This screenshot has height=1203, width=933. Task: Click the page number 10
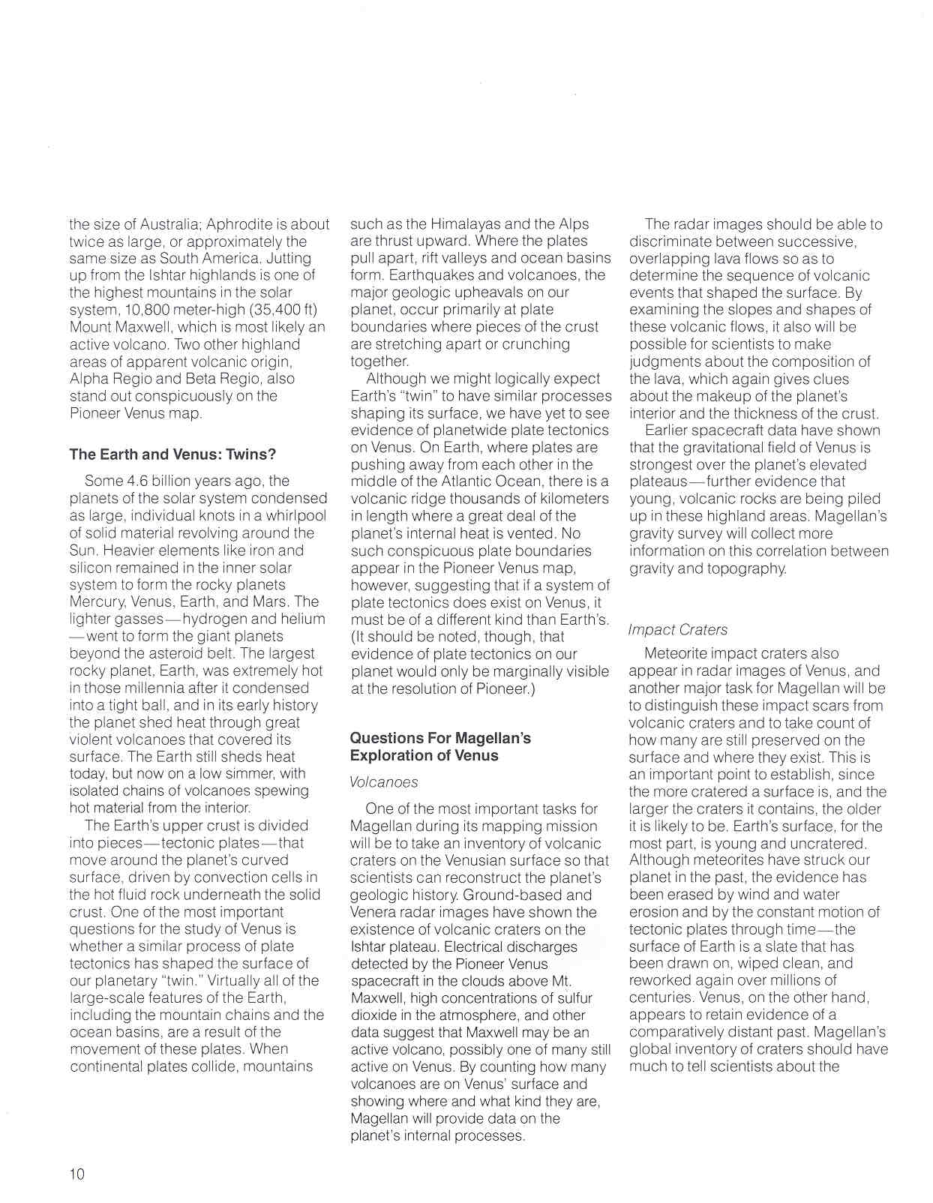point(77,1174)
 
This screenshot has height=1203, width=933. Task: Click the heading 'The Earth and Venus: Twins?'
point(172,454)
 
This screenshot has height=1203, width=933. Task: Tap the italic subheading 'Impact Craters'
point(678,630)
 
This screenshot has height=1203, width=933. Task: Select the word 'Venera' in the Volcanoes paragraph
point(373,912)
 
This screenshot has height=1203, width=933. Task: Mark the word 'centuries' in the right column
point(661,997)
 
